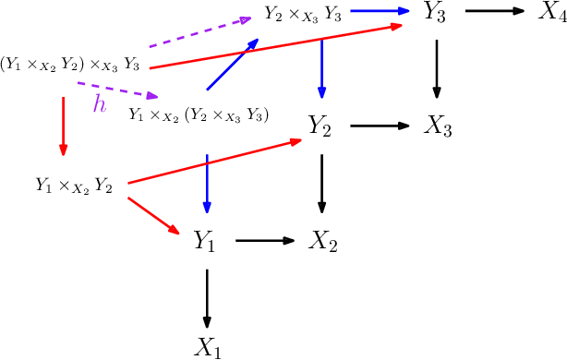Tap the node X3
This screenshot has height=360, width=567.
pyautogui.click(x=437, y=126)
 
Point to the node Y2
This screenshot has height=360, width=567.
pyautogui.click(x=320, y=127)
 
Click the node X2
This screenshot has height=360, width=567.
pyautogui.click(x=322, y=242)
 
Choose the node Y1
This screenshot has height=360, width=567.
pyautogui.click(x=205, y=242)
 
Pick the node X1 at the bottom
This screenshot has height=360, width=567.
pyautogui.click(x=207, y=347)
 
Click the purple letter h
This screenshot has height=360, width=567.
pyautogui.click(x=100, y=105)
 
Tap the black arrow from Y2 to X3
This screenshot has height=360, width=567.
pyautogui.click(x=379, y=126)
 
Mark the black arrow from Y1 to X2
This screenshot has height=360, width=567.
pyautogui.click(x=264, y=242)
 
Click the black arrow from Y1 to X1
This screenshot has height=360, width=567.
pyautogui.click(x=207, y=297)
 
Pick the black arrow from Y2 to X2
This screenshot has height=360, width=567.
pyautogui.click(x=321, y=183)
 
